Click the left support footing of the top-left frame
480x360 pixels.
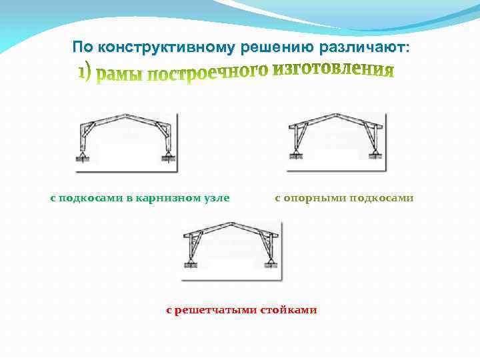pyautogui.click(x=83, y=158)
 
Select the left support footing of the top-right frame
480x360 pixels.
pyautogui.click(x=295, y=156)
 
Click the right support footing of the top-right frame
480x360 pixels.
pyautogui.click(x=375, y=156)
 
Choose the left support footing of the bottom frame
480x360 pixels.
pyautogui.click(x=189, y=265)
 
